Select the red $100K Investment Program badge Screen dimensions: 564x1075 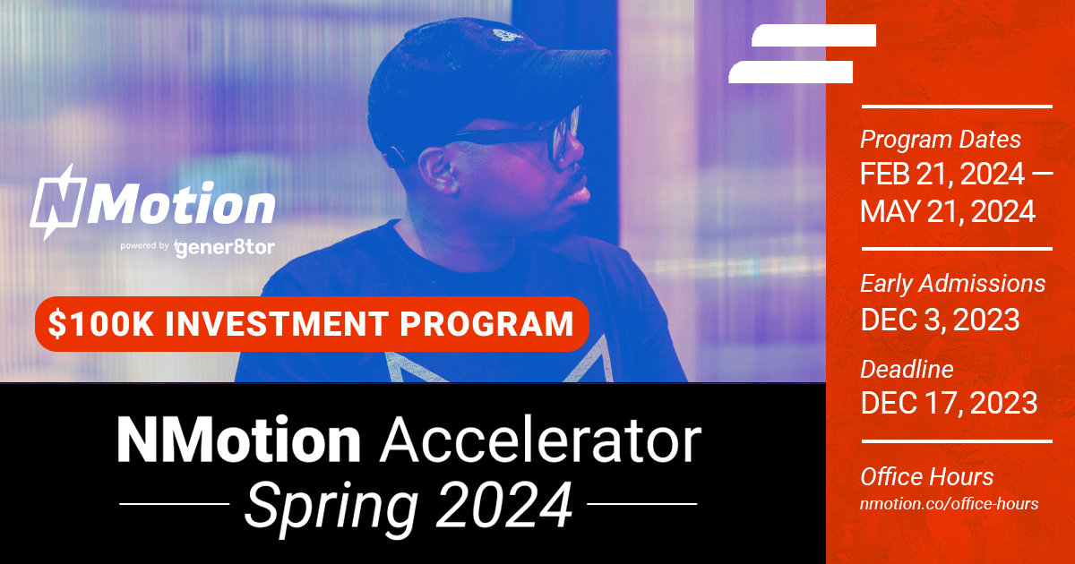(x=311, y=323)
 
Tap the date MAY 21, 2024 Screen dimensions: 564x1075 (x=948, y=211)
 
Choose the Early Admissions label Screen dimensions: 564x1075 (x=952, y=284)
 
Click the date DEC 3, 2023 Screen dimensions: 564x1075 (x=940, y=320)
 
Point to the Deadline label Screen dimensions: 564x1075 (x=907, y=369)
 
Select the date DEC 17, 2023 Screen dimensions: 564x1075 (x=949, y=402)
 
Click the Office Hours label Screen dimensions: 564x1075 (x=926, y=476)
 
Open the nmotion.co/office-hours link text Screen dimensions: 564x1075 (x=949, y=504)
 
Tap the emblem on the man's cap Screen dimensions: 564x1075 (x=504, y=36)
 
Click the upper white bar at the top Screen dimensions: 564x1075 (x=813, y=36)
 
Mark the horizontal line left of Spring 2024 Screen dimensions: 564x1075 (x=174, y=504)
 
